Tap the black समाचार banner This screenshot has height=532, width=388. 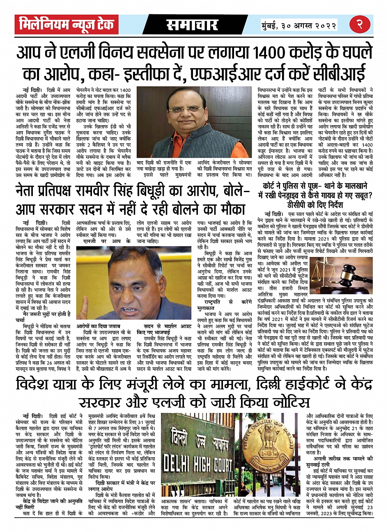pyautogui.click(x=192, y=25)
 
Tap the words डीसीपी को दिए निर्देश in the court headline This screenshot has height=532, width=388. pyautogui.click(x=315, y=204)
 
